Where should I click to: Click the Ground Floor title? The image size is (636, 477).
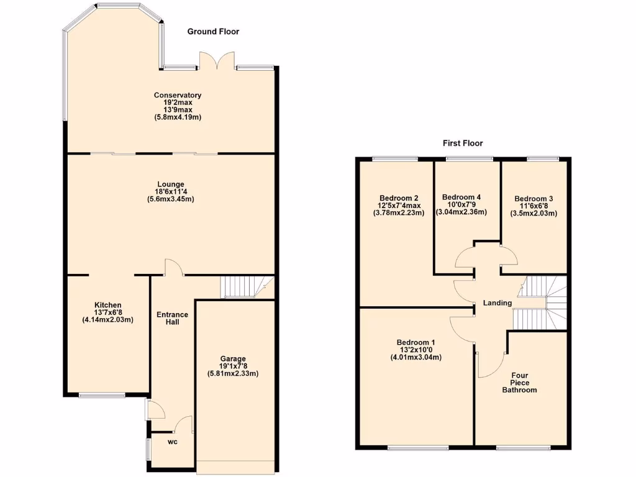click(x=213, y=32)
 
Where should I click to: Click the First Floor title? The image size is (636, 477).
click(x=463, y=143)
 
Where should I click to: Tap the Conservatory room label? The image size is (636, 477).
click(x=178, y=95)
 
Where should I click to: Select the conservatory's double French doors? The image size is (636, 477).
click(x=217, y=62)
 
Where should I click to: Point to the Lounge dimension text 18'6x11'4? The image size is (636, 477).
click(x=170, y=192)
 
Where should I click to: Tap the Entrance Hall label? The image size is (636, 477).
click(x=173, y=318)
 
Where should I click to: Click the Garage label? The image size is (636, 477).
click(x=233, y=358)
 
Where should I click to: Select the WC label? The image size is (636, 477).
click(x=173, y=442)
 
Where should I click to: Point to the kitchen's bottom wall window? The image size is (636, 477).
click(x=102, y=395)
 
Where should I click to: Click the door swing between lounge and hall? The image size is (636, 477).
click(x=173, y=267)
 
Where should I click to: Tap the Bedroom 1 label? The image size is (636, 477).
click(x=416, y=342)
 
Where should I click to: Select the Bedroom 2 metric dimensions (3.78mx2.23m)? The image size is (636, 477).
click(x=398, y=213)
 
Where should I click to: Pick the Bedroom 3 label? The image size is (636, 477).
click(x=534, y=199)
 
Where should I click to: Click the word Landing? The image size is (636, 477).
click(x=497, y=303)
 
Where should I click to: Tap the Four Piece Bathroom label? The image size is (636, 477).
click(x=519, y=383)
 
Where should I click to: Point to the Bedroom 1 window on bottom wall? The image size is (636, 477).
click(x=418, y=447)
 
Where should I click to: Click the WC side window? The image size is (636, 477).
click(x=148, y=449)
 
